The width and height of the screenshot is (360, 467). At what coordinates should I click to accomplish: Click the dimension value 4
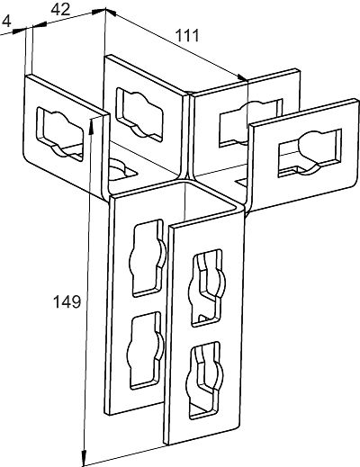[x=7, y=22]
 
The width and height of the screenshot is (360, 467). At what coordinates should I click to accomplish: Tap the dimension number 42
[x=60, y=10]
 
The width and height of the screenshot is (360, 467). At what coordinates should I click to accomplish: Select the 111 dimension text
[x=187, y=36]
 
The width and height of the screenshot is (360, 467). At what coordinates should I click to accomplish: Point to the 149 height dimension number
[x=67, y=301]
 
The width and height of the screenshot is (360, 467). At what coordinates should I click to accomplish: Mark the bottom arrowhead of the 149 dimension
[x=85, y=459]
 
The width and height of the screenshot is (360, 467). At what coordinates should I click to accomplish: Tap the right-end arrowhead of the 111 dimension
[x=241, y=78]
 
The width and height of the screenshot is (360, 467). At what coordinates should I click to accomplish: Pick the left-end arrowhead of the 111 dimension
[x=112, y=13]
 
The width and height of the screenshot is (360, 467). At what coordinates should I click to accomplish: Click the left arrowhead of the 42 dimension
[x=40, y=25]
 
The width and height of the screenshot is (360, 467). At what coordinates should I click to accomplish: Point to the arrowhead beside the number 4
[x=20, y=31]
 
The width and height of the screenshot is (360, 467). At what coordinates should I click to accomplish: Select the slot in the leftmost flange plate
[x=60, y=135]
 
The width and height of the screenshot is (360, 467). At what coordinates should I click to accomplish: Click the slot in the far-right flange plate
[x=310, y=153]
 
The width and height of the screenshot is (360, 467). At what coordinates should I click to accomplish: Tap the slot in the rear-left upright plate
[x=139, y=114]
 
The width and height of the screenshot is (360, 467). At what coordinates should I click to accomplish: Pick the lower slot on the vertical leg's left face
[x=146, y=350]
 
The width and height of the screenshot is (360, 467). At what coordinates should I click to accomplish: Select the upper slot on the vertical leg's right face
[x=207, y=288]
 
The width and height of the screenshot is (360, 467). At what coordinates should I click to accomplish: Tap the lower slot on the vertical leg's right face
[x=206, y=380]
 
